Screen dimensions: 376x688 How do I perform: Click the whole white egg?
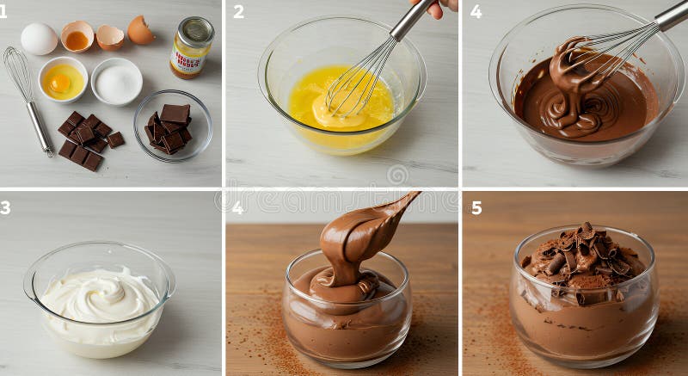point(39,39)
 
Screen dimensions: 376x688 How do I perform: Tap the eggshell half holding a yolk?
point(77,36)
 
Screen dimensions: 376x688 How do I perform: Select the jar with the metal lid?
point(191,48)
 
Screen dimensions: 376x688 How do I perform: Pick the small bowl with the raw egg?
point(63,79)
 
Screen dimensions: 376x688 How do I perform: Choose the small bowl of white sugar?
point(117,82)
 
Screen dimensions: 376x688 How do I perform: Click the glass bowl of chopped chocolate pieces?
point(172,125)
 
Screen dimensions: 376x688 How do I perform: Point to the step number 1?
point(3,11)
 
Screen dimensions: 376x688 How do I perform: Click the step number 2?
point(238,11)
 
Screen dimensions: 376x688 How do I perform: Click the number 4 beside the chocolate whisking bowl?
point(476,11)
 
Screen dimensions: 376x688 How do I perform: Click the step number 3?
point(5,207)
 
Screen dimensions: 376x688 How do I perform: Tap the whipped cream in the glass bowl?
point(99,297)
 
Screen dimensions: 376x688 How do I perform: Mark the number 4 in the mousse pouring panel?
point(237,207)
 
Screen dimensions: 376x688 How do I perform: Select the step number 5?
point(476,207)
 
